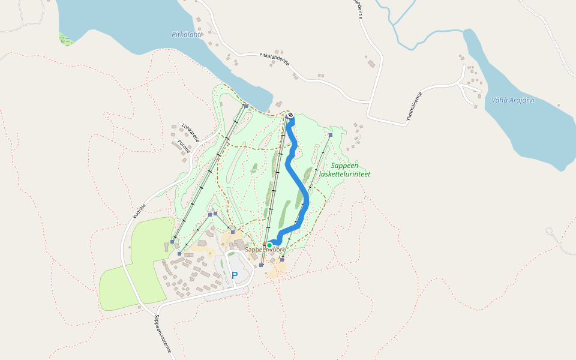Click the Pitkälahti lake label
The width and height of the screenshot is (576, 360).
pos(187,35)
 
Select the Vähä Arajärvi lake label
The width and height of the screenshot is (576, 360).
pos(512,100)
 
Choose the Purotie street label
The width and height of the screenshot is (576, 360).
pos(184,146)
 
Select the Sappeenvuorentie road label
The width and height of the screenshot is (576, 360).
pos(163,334)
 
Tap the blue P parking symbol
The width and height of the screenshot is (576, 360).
pos(235,275)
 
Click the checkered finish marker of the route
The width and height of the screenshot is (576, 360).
pos(290,115)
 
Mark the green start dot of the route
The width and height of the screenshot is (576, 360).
pos(269,245)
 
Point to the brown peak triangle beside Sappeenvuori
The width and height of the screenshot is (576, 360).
pos(265,244)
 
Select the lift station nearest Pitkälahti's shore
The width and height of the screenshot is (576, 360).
pos(246,106)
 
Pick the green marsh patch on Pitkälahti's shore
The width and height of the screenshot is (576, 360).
pos(65,40)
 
